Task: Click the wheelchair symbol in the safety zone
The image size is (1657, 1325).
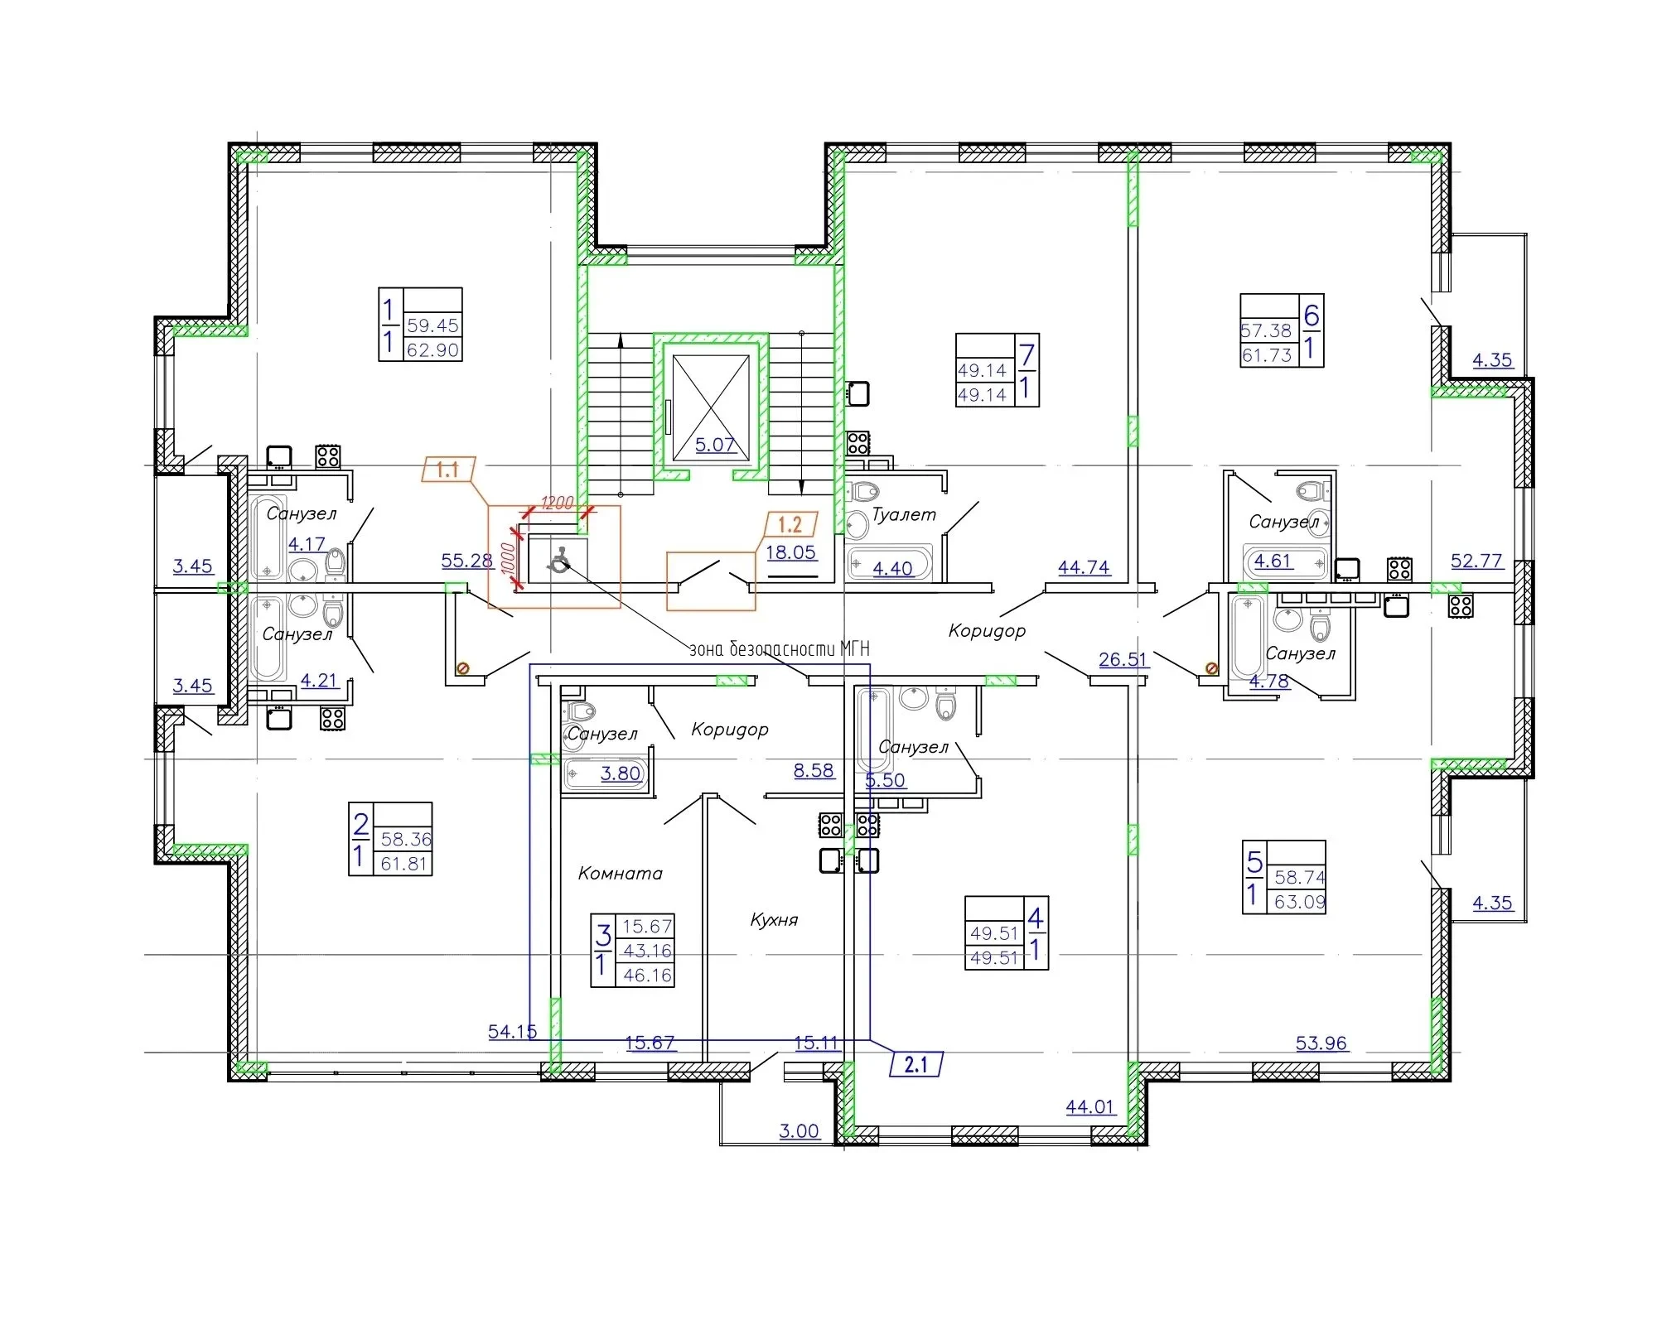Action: click(x=558, y=561)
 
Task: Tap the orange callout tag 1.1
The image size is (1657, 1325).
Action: click(x=448, y=470)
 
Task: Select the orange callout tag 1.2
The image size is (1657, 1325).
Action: click(x=790, y=524)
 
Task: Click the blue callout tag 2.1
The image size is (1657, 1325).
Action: click(x=916, y=1063)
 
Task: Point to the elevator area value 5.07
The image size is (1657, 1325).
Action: click(x=716, y=445)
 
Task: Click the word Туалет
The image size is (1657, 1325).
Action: click(x=904, y=514)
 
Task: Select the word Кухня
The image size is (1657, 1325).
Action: click(x=774, y=919)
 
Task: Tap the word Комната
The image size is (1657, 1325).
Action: click(x=621, y=873)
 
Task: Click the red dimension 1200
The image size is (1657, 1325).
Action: click(x=557, y=503)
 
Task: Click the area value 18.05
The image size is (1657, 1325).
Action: click(x=790, y=552)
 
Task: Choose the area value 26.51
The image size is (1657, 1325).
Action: click(x=1123, y=659)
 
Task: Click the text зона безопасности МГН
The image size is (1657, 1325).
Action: click(x=780, y=649)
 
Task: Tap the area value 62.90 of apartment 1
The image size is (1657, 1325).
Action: click(x=432, y=350)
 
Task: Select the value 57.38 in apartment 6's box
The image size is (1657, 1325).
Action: click(x=1266, y=330)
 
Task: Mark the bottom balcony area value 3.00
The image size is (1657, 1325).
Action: click(x=800, y=1130)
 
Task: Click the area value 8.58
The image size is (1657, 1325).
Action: click(x=814, y=770)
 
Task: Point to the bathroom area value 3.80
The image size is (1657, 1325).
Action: click(x=621, y=773)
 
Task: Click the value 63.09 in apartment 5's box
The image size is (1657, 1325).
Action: click(x=1300, y=902)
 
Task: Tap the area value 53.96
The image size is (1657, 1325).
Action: click(x=1321, y=1043)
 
